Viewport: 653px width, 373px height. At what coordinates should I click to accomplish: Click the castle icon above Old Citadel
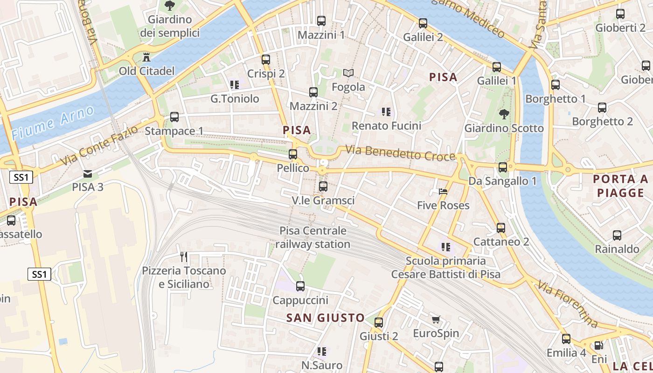tap(146, 57)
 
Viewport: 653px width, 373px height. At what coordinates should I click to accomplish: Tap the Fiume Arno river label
tap(53, 123)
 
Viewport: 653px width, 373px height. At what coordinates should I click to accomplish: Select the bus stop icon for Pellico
tap(293, 154)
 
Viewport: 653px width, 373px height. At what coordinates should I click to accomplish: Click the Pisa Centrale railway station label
tap(313, 237)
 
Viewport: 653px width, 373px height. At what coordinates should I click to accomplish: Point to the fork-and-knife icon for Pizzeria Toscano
tap(184, 257)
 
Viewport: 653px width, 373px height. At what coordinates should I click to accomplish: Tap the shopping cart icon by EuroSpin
tap(436, 320)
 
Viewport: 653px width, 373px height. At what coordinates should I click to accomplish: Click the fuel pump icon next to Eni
tap(598, 346)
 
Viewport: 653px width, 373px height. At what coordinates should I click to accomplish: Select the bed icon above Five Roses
tap(443, 192)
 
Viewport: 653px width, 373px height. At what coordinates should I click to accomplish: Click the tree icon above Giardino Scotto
tap(504, 114)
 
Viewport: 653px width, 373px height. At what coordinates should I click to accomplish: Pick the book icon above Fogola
tap(348, 73)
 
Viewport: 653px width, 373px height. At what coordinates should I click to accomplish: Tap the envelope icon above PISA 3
tap(87, 174)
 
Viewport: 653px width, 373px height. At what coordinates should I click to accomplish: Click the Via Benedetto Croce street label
tap(400, 153)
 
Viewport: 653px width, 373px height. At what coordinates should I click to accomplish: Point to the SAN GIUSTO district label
tap(325, 318)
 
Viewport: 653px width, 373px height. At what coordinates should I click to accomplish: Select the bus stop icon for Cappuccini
tap(300, 286)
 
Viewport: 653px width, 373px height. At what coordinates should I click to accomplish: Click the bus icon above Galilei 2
tap(423, 23)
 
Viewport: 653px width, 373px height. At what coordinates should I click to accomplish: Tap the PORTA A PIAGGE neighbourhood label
tap(620, 186)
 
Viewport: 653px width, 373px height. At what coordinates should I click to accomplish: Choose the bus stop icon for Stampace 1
tap(174, 117)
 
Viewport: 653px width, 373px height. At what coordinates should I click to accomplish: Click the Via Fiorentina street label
tap(567, 304)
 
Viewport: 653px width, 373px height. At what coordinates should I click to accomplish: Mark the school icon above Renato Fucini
tap(386, 112)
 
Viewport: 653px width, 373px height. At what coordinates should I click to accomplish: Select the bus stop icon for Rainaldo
tap(617, 235)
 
